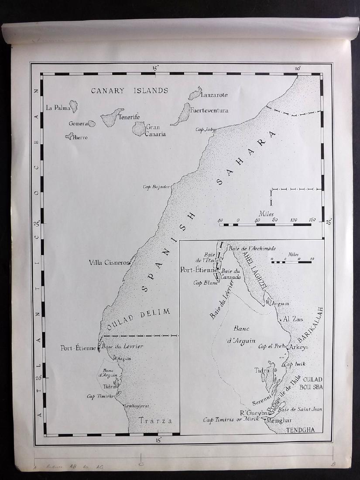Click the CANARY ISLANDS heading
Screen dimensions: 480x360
tap(129, 91)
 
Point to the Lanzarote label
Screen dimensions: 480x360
tap(214, 95)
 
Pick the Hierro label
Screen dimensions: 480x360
tap(81, 137)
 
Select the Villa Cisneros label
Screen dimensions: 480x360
tap(110, 263)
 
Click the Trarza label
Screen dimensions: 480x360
tap(156, 421)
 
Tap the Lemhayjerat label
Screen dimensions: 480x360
tap(137, 406)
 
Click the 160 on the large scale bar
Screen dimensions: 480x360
tap(312, 219)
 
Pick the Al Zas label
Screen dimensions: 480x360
tap(293, 319)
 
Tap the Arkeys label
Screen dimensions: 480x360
tap(299, 347)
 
